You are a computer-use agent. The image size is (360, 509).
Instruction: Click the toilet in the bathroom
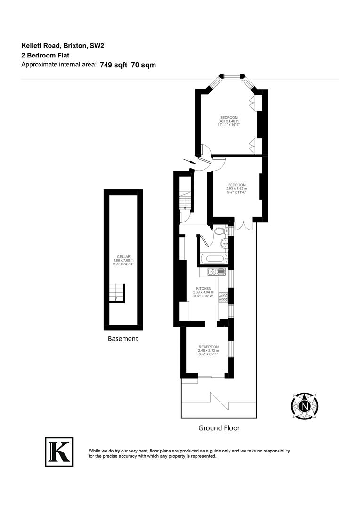click(219, 231)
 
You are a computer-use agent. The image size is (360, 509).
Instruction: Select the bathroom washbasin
click(224, 244)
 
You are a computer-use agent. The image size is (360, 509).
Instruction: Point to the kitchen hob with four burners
click(223, 297)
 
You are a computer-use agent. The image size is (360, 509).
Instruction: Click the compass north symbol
click(304, 405)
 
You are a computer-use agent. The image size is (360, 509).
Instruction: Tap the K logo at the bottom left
click(59, 452)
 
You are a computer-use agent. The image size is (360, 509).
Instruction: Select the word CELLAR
click(123, 256)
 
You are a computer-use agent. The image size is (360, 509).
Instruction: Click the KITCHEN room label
click(204, 288)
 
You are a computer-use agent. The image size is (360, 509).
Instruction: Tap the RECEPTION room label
click(208, 347)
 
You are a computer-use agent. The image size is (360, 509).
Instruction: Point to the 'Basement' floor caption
click(123, 338)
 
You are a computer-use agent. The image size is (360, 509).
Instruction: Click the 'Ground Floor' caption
click(219, 428)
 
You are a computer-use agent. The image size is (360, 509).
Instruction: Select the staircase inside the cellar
click(116, 293)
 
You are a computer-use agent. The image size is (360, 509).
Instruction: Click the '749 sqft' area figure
click(114, 65)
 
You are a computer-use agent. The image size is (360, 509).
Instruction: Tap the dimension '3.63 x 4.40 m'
click(229, 121)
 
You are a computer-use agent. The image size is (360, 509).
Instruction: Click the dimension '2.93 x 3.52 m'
click(237, 189)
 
